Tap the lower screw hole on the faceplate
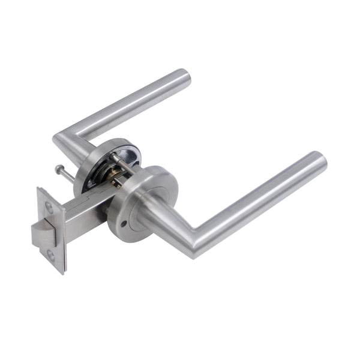click(x=50, y=256)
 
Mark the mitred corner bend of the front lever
click(x=195, y=240)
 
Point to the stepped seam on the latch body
click(x=90, y=195)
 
